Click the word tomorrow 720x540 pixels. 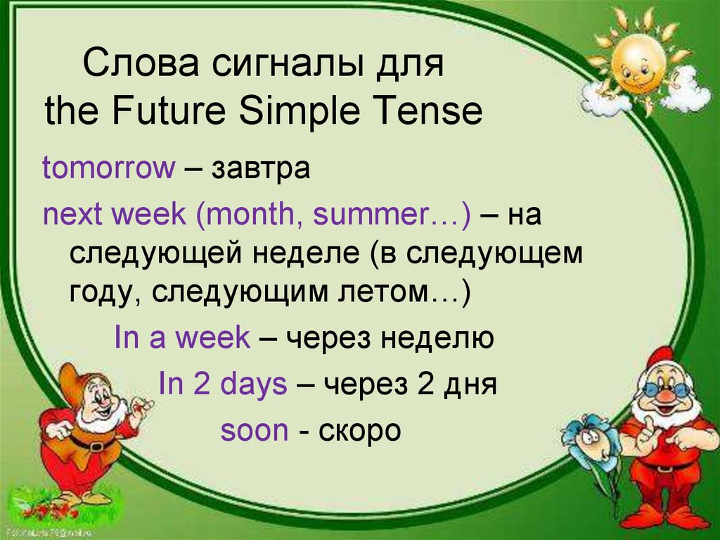109,168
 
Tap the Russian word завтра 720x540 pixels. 261,168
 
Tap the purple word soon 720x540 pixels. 255,431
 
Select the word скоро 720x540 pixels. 359,432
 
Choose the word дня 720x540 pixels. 470,385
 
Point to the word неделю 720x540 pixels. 437,339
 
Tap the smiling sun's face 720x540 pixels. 637,65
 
